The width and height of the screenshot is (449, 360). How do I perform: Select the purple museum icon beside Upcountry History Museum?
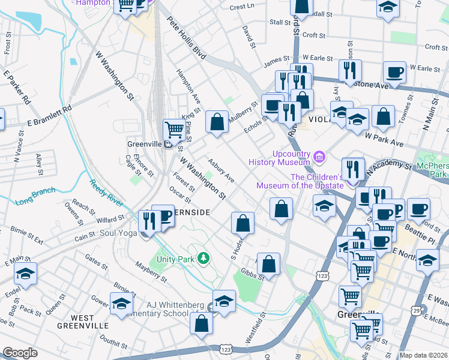[320, 157]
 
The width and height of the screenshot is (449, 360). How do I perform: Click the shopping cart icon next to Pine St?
[174, 128]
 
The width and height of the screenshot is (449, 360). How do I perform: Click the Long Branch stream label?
[35, 196]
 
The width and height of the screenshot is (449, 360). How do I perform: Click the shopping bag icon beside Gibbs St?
[268, 263]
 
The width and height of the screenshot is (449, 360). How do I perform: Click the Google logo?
[20, 353]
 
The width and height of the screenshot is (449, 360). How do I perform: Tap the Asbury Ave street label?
[221, 170]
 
